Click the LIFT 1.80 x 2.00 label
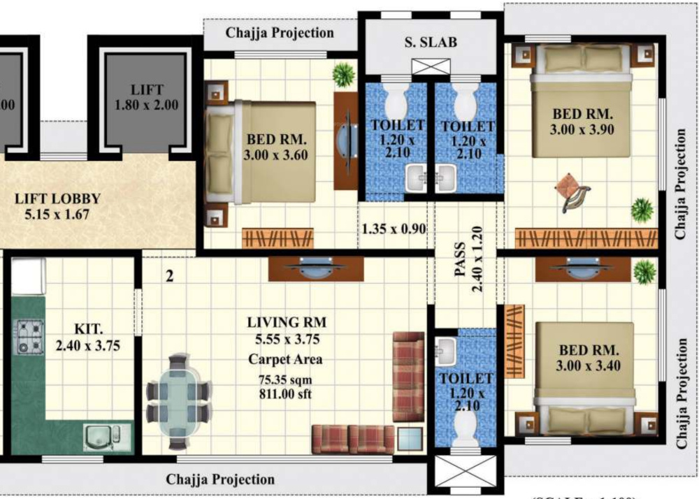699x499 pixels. tap(147, 98)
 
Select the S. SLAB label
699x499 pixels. tap(430, 42)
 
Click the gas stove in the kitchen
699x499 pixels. tap(30, 336)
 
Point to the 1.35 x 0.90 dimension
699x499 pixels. tap(394, 229)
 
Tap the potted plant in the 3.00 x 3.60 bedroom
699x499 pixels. tap(343, 73)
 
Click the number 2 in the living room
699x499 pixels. tap(169, 276)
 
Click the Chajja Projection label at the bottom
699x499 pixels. tap(220, 479)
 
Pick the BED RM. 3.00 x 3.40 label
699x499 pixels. tap(585, 357)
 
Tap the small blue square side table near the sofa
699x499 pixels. tap(410, 439)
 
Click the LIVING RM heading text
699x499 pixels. tap(287, 323)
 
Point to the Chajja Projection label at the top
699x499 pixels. tap(280, 33)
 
